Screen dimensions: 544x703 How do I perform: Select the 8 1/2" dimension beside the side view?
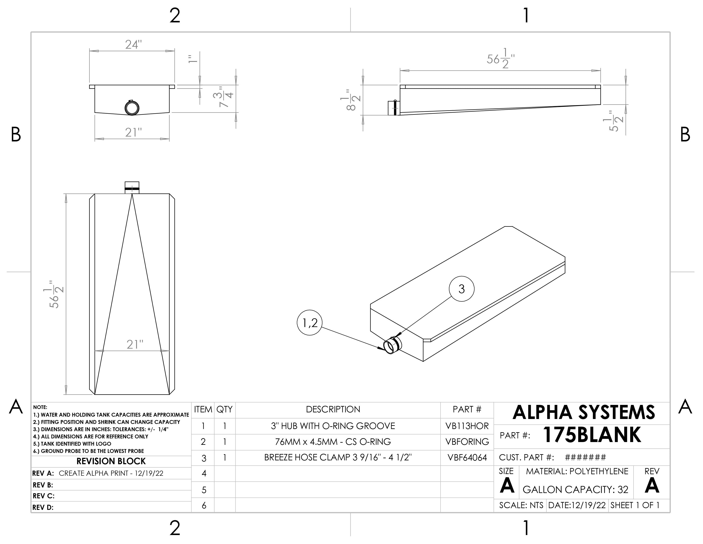pos(350,100)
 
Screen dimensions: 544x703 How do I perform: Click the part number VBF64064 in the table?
pos(467,458)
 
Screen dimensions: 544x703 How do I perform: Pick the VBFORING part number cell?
pos(467,442)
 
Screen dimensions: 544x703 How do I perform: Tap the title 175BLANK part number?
pos(592,435)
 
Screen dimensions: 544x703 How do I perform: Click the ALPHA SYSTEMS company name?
pos(583,413)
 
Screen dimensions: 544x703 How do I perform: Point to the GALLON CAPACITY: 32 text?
pos(575,490)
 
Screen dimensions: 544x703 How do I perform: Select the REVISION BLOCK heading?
pos(111,461)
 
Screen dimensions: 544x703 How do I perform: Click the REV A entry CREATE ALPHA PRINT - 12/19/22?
pos(111,473)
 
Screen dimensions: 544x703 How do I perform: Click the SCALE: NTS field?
pos(521,505)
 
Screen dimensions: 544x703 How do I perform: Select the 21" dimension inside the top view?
pos(135,345)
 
